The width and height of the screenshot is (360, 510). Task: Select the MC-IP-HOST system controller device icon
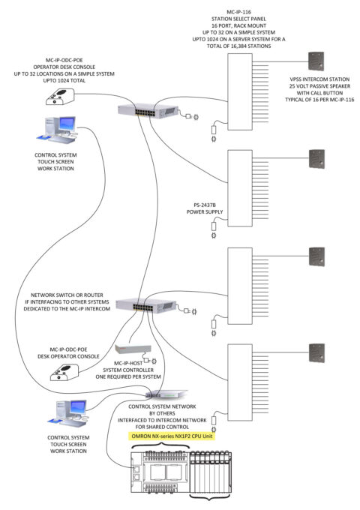(x=135, y=348)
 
